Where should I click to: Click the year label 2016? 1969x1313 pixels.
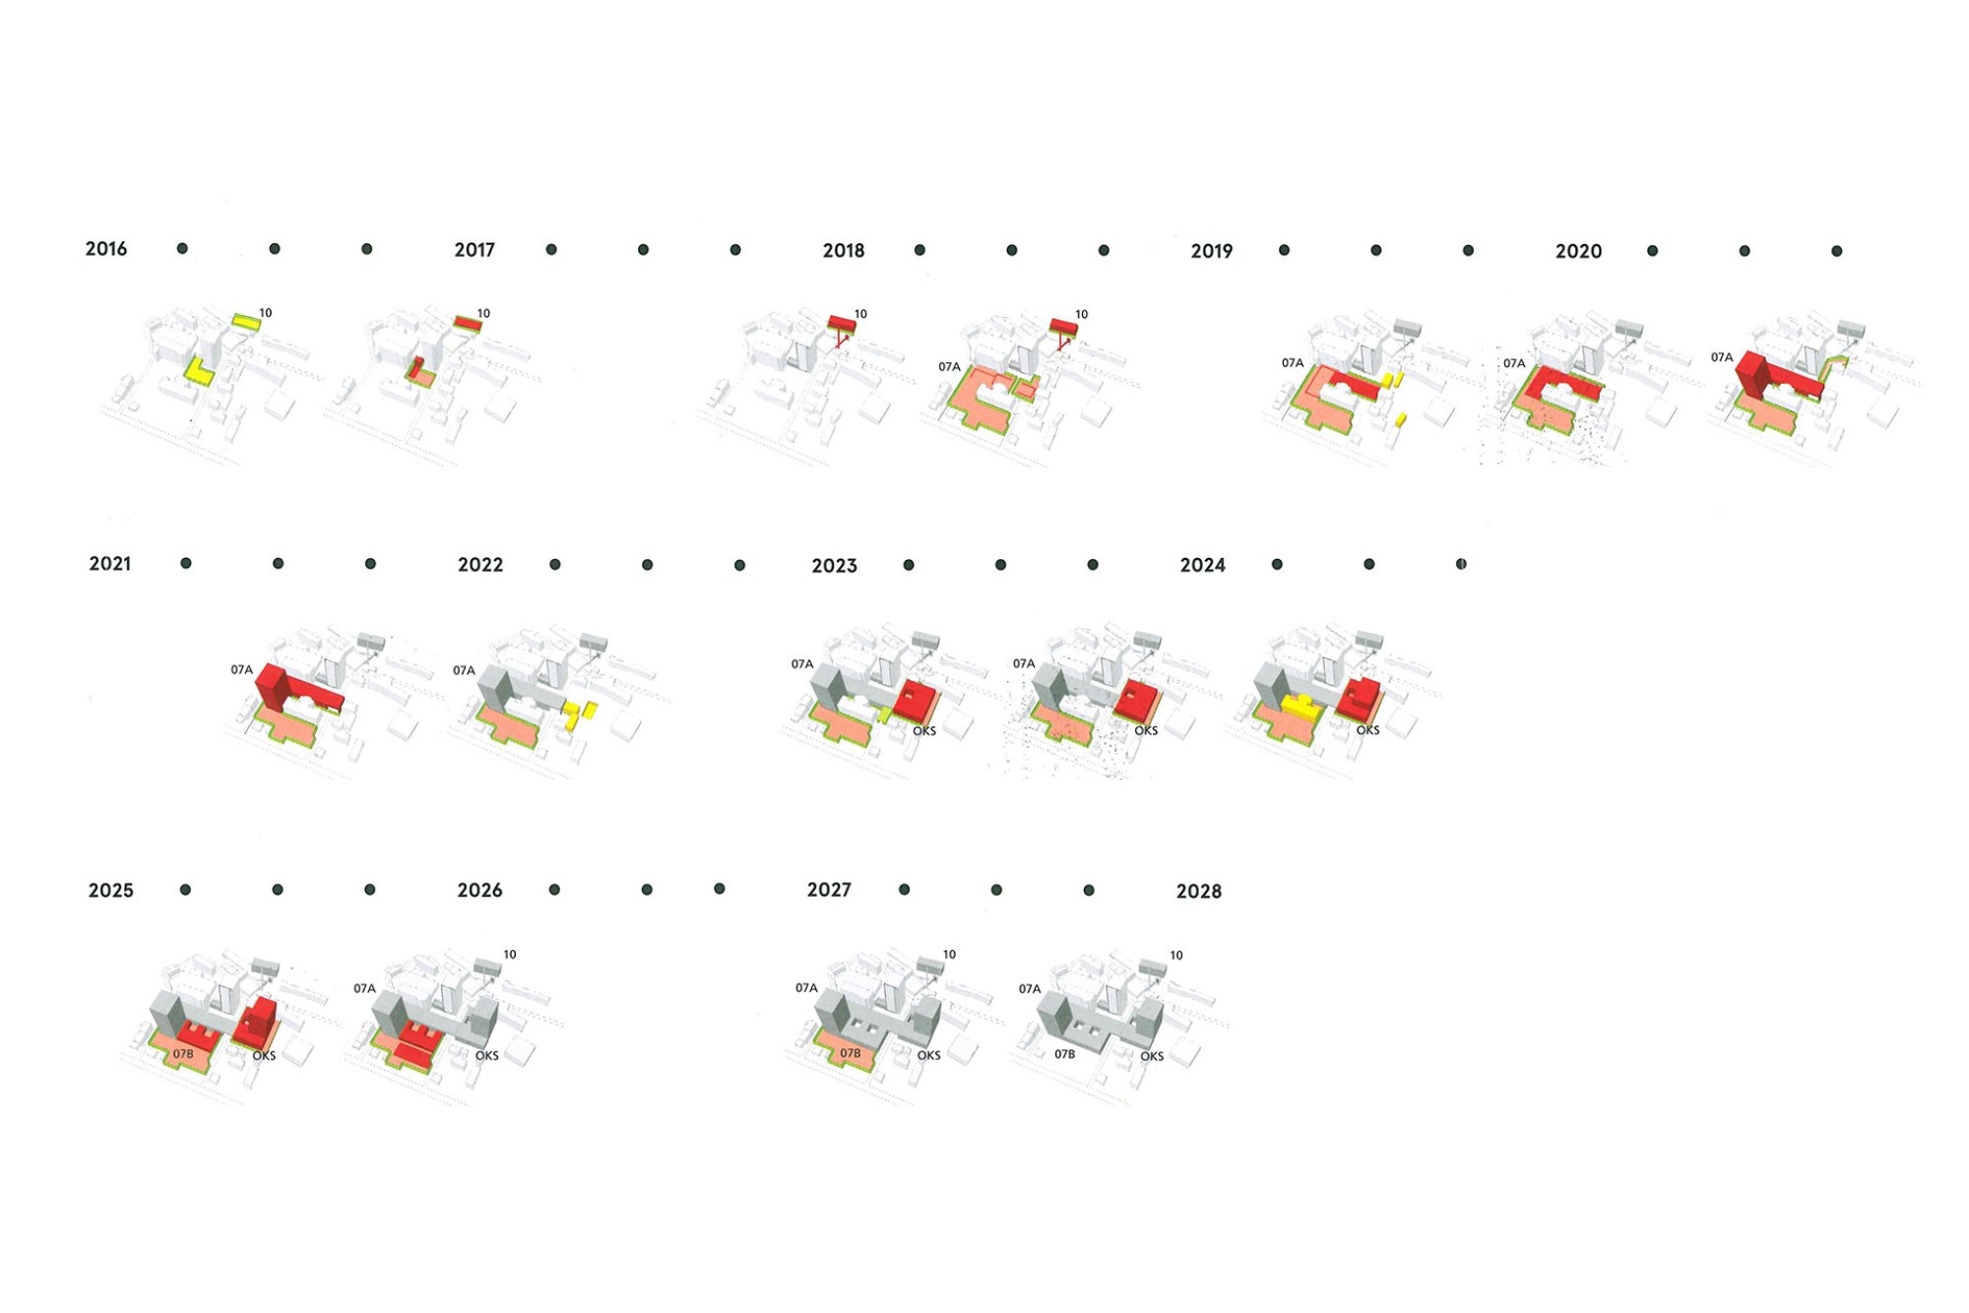(x=105, y=249)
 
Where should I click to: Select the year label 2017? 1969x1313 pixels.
(x=475, y=250)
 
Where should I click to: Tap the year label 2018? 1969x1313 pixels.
(x=844, y=251)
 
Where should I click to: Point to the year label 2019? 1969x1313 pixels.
(x=1211, y=252)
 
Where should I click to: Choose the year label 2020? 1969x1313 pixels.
(x=1578, y=252)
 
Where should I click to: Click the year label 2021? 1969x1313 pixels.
(x=109, y=564)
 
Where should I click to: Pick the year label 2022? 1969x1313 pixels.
(x=480, y=565)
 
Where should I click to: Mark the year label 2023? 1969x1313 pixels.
(x=834, y=566)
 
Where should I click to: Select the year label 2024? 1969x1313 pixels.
(x=1202, y=565)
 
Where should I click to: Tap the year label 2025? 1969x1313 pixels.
(x=110, y=891)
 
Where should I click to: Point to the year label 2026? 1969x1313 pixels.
(x=479, y=891)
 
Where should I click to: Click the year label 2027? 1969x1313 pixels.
(x=829, y=890)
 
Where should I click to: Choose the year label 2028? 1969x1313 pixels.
(x=1198, y=892)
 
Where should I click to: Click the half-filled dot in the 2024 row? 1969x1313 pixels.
(x=1461, y=564)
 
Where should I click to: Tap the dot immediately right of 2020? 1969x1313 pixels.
(x=1652, y=251)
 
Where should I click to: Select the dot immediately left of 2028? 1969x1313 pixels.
(x=1089, y=890)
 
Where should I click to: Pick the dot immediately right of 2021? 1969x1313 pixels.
(x=186, y=563)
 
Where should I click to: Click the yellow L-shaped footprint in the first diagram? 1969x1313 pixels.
(x=200, y=373)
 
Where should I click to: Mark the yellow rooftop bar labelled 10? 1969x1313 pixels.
(x=246, y=322)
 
